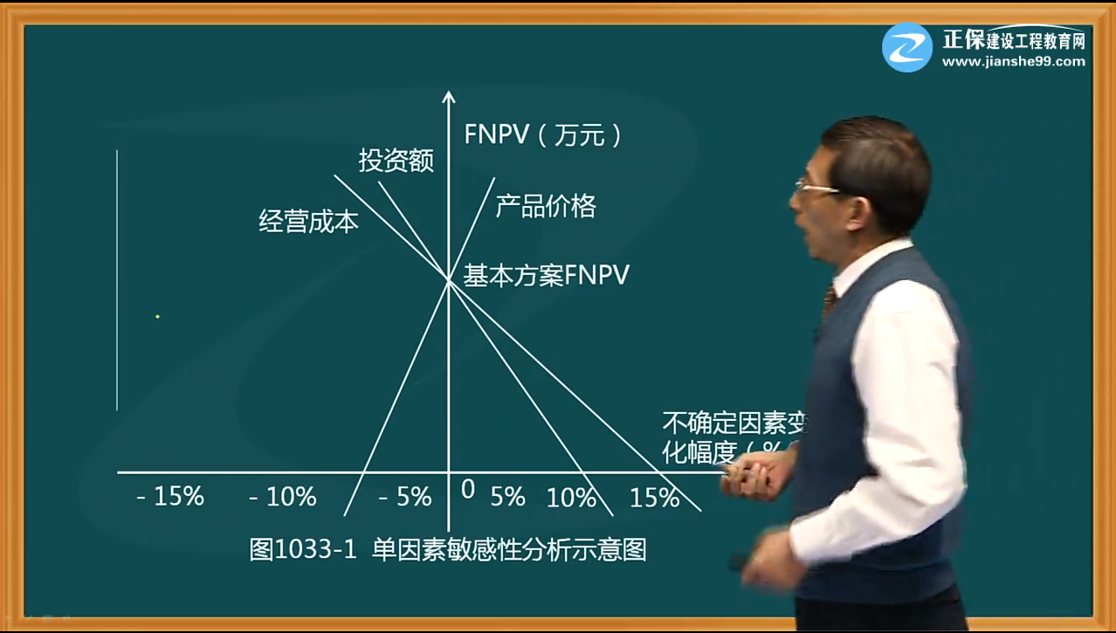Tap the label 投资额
396,161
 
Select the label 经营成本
308,221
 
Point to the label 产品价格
546,206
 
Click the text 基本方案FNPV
546,276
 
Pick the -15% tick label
170,497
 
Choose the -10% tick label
282,497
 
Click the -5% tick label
405,497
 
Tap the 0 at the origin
468,490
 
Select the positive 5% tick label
507,497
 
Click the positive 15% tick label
654,498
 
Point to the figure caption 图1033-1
303,550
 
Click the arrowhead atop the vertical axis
449,95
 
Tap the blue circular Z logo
907,47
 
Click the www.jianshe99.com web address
1013,62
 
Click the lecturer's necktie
829,301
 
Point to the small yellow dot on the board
157,316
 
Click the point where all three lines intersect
449,281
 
